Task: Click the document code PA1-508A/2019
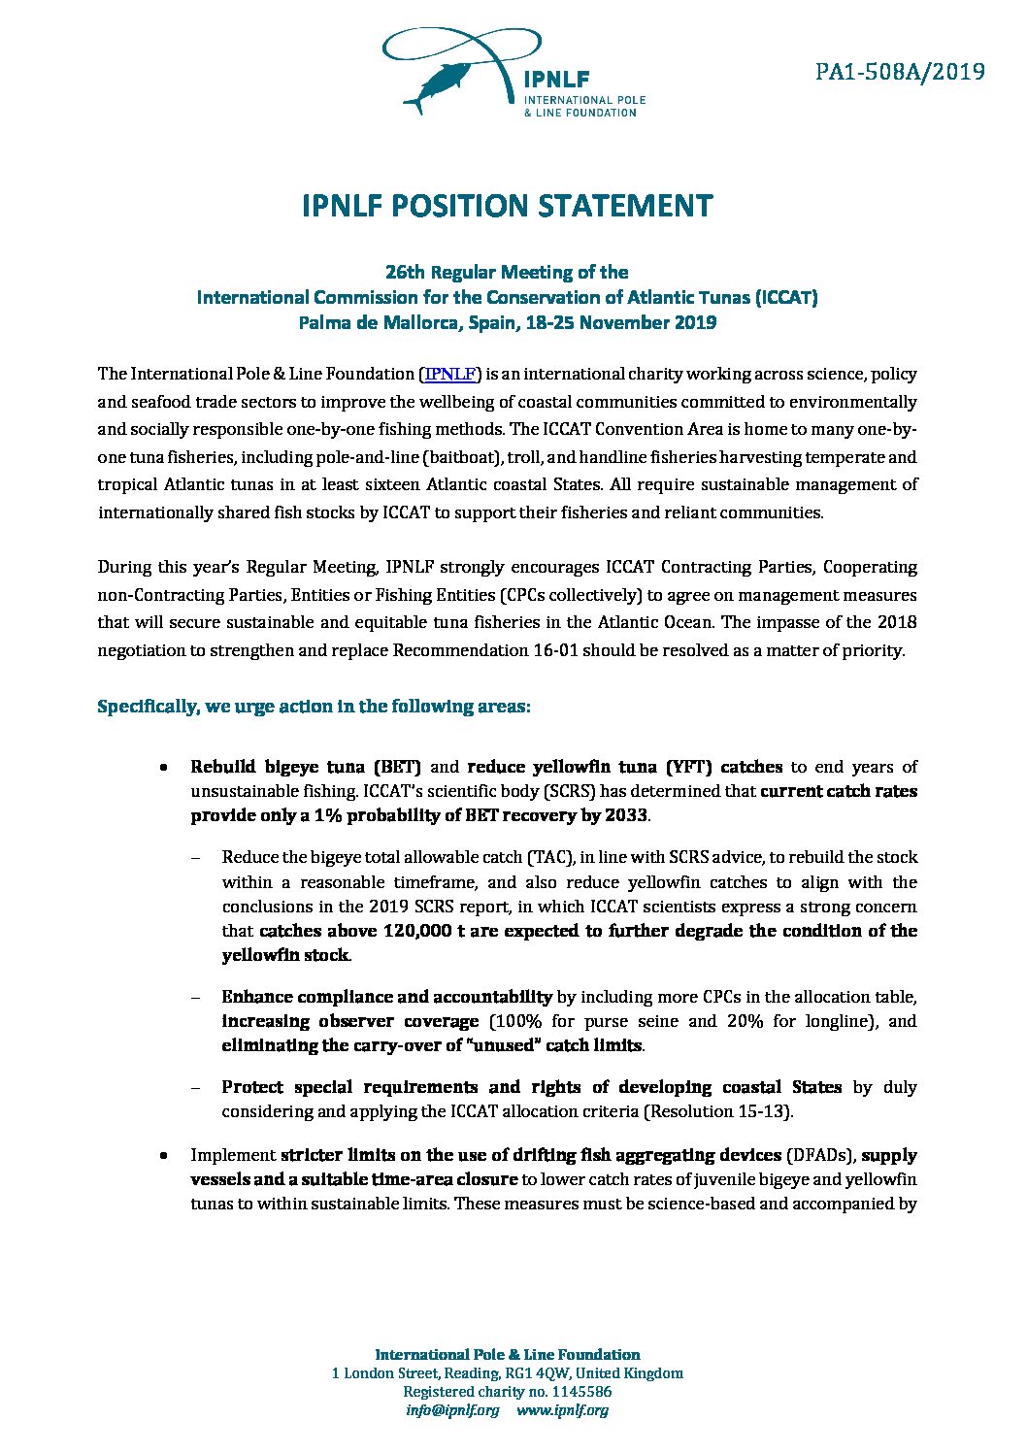900,72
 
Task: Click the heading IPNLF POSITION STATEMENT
507,207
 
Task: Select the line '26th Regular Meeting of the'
507,272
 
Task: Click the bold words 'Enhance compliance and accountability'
386,997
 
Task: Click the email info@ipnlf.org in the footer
452,1410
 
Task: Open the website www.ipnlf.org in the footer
562,1410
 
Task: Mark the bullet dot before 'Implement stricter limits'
167,1156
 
